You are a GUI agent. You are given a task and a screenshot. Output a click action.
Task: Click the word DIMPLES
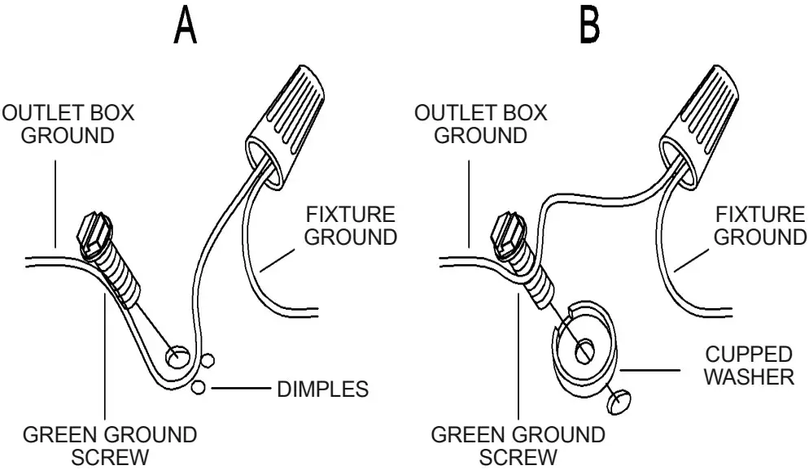click(x=323, y=389)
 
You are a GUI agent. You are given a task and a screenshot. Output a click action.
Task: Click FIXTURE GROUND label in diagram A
click(x=350, y=226)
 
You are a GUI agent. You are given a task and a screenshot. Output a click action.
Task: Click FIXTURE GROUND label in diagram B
click(x=760, y=226)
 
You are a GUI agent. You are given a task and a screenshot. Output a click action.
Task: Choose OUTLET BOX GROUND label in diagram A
click(x=68, y=124)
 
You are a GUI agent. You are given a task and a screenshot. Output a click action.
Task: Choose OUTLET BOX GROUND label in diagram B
click(x=480, y=124)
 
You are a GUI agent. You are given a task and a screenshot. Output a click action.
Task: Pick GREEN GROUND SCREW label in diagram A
click(x=109, y=445)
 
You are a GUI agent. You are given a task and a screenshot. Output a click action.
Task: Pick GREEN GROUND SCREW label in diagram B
click(x=518, y=445)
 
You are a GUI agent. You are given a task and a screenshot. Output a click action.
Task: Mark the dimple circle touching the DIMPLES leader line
click(x=198, y=389)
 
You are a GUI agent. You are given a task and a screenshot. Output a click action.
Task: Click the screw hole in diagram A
click(x=176, y=355)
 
